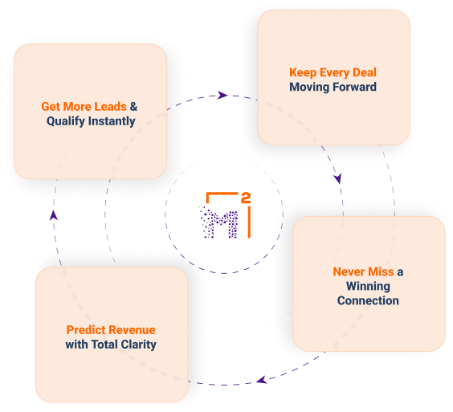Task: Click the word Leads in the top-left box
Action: click(x=110, y=107)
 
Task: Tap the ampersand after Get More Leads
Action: click(x=133, y=107)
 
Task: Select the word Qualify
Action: click(x=66, y=121)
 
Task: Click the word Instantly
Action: click(x=112, y=121)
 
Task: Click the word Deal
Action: click(x=365, y=72)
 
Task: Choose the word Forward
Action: click(x=358, y=87)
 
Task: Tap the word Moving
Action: click(x=313, y=88)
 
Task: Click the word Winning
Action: click(x=368, y=287)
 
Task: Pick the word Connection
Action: click(x=368, y=300)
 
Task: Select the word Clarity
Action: click(x=139, y=345)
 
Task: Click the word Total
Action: click(x=104, y=345)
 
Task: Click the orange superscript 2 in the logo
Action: click(x=246, y=198)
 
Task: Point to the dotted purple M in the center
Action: click(x=219, y=222)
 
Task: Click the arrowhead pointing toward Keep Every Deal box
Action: click(x=222, y=95)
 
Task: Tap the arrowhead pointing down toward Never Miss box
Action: click(x=337, y=178)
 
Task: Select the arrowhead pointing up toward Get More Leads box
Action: click(x=54, y=215)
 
